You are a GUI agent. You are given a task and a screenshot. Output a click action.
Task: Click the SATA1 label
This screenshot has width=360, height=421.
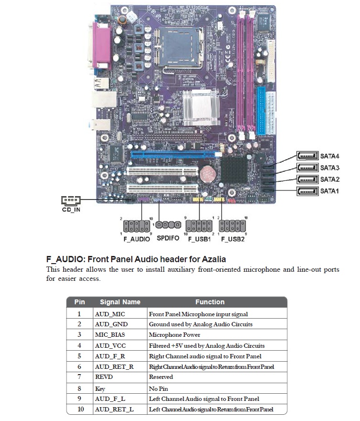click(329, 191)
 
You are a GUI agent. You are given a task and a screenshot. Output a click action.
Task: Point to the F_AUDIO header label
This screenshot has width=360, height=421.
click(136, 238)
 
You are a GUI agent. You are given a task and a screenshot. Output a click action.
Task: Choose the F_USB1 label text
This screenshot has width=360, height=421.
click(199, 238)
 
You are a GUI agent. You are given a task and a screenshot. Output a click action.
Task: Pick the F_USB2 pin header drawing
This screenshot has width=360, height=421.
click(233, 225)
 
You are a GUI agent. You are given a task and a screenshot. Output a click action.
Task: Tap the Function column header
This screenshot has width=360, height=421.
click(210, 302)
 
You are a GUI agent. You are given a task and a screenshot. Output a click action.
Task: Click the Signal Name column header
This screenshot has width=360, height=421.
click(120, 302)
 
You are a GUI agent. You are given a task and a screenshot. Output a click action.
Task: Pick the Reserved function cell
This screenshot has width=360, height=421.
click(161, 377)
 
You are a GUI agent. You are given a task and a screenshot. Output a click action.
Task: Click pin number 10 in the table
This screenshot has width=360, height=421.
click(79, 410)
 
